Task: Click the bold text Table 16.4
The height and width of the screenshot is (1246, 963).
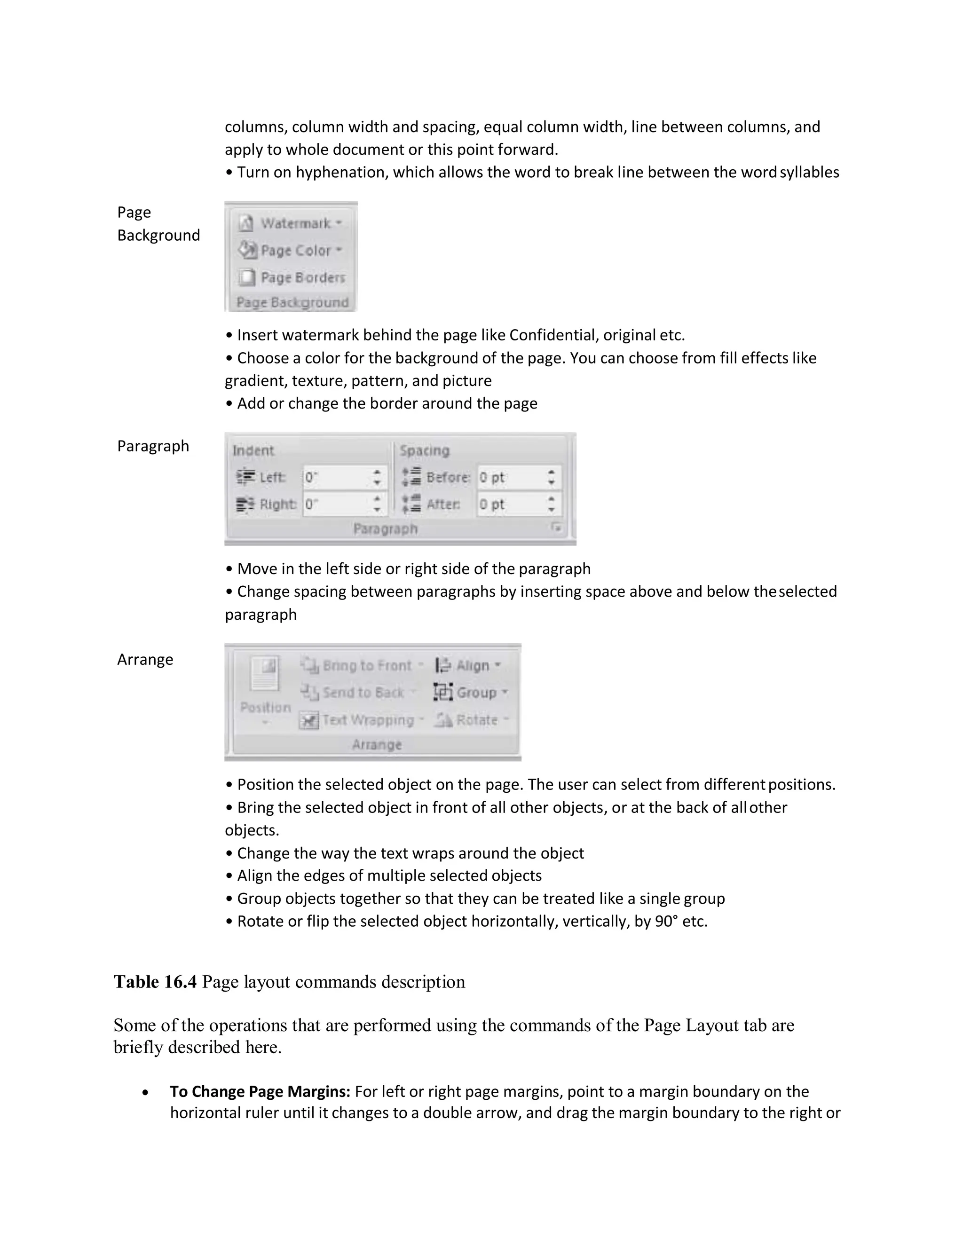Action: (155, 982)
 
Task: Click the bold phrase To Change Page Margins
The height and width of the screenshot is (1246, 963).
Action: (260, 1091)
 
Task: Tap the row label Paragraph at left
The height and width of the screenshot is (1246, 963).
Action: (153, 446)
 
